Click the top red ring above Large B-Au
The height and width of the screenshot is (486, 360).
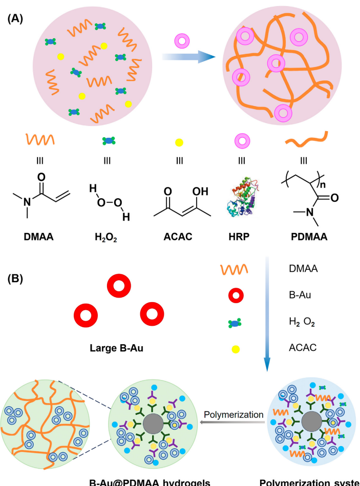click(x=118, y=288)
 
